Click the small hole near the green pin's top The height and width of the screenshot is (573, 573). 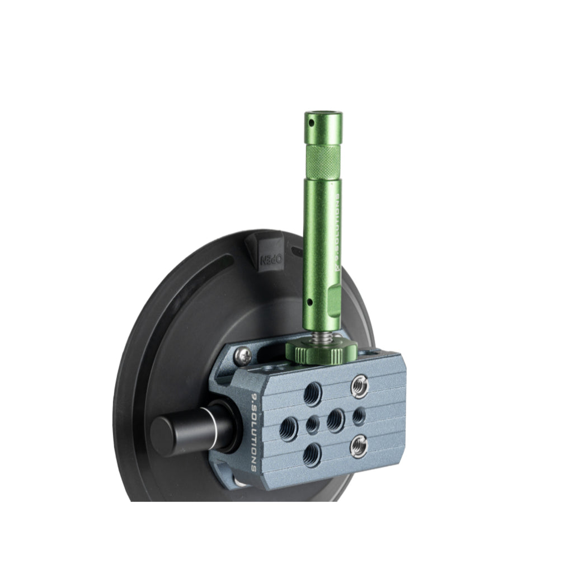[x=311, y=122]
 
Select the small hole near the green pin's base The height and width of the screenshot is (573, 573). [x=309, y=303]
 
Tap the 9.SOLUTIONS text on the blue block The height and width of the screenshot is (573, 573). [x=253, y=432]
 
